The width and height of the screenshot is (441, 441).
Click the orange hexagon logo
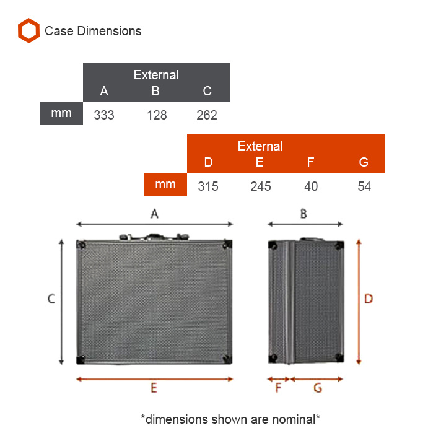pyautogui.click(x=28, y=30)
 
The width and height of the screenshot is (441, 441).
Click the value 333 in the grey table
pyautogui.click(x=104, y=115)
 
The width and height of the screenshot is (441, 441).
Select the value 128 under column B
pyautogui.click(x=157, y=115)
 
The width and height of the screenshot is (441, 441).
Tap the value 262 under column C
pyautogui.click(x=207, y=115)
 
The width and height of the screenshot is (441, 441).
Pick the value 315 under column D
pyautogui.click(x=208, y=186)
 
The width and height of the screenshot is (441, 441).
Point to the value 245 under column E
pyautogui.click(x=261, y=186)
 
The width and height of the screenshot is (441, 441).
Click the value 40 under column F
pyautogui.click(x=311, y=186)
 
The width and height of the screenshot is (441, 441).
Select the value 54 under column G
pyautogui.click(x=364, y=186)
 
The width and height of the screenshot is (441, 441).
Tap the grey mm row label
pyautogui.click(x=61, y=113)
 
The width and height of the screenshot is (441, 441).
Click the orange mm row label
pyautogui.click(x=165, y=185)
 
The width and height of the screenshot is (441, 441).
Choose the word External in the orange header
pyautogui.click(x=260, y=146)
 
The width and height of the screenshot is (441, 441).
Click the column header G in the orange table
pyautogui.click(x=364, y=162)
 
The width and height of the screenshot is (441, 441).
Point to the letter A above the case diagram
pyautogui.click(x=154, y=214)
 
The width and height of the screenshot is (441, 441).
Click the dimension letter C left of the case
pyautogui.click(x=51, y=299)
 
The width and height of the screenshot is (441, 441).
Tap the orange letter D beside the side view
pyautogui.click(x=369, y=299)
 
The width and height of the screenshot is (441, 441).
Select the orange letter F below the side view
pyautogui.click(x=278, y=388)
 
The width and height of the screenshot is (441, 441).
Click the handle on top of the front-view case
pyautogui.click(x=154, y=237)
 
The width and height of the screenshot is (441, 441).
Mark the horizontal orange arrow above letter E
pyautogui.click(x=155, y=379)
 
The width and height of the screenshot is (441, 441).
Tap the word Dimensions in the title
pyautogui.click(x=109, y=31)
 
